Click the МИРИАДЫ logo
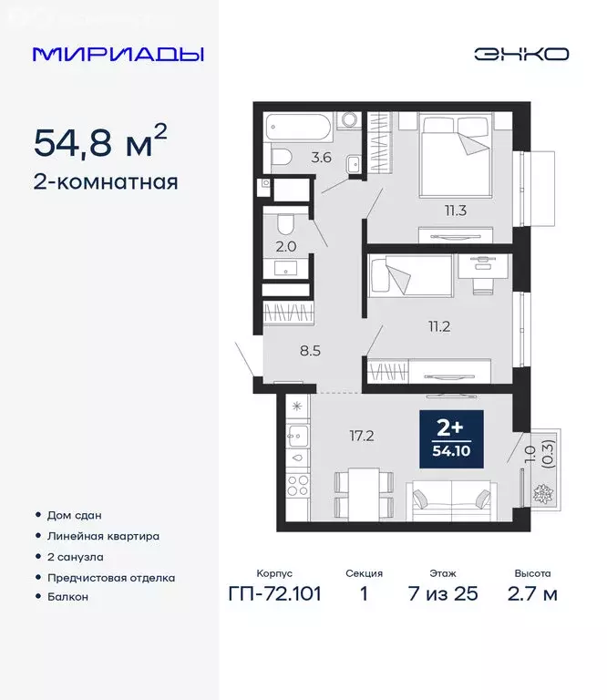(118, 54)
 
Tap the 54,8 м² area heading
(100, 141)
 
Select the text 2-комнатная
(105, 181)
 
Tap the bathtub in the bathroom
(298, 126)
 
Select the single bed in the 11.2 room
(411, 275)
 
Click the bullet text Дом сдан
(77, 515)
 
